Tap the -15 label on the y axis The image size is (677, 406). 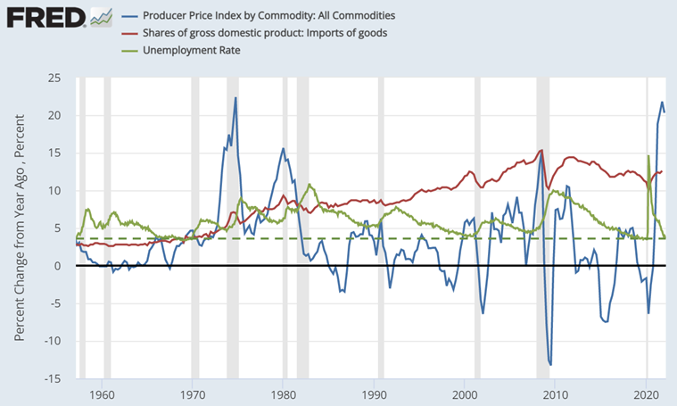pyautogui.click(x=52, y=378)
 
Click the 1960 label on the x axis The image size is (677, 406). pyautogui.click(x=102, y=394)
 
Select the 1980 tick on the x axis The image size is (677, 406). pyautogui.click(x=284, y=394)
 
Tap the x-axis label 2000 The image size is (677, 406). pyautogui.click(x=465, y=394)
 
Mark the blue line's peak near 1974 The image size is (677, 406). pyautogui.click(x=235, y=98)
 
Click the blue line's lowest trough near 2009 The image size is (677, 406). pyautogui.click(x=550, y=364)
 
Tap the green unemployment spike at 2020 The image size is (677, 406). pyautogui.click(x=648, y=156)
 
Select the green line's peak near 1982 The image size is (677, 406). pyautogui.click(x=309, y=185)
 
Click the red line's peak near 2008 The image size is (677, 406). pyautogui.click(x=541, y=150)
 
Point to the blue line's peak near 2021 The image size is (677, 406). pyautogui.click(x=662, y=103)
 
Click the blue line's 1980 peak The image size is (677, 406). pyautogui.click(x=283, y=148)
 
